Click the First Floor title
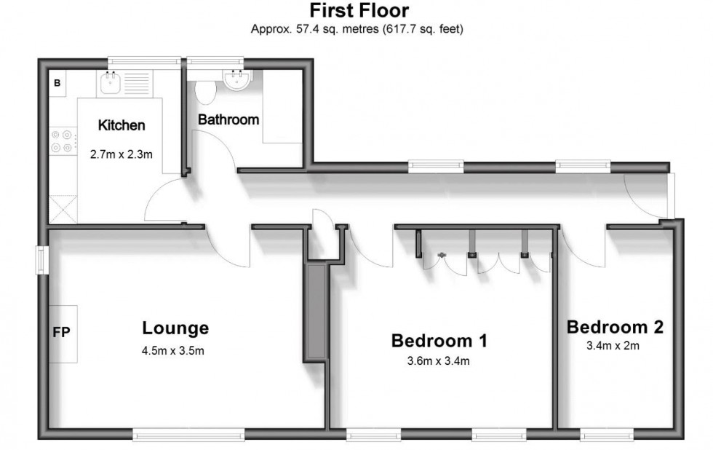359,11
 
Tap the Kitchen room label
122,125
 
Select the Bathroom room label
228,119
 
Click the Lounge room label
175,328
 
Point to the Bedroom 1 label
439,340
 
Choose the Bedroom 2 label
615,327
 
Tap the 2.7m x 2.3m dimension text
121,154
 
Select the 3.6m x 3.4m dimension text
439,360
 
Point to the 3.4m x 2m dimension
613,346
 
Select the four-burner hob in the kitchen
62,141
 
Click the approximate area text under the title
357,30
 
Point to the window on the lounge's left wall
43,261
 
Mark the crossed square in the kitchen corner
62,210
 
